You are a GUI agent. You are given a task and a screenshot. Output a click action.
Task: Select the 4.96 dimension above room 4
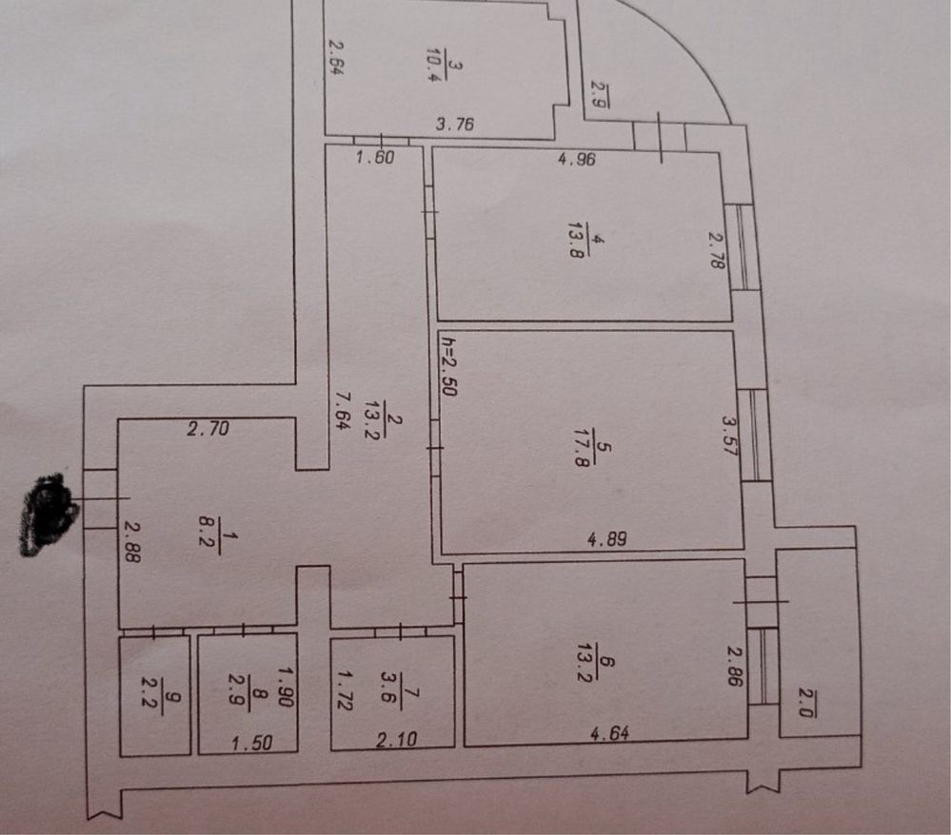(x=576, y=160)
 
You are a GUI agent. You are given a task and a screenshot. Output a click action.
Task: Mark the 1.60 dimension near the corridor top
(x=374, y=159)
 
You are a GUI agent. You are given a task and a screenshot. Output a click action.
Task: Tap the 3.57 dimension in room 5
(x=731, y=435)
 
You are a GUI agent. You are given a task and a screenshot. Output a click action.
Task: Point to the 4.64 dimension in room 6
(x=609, y=733)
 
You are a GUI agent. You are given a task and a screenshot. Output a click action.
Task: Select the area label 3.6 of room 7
(x=411, y=685)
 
